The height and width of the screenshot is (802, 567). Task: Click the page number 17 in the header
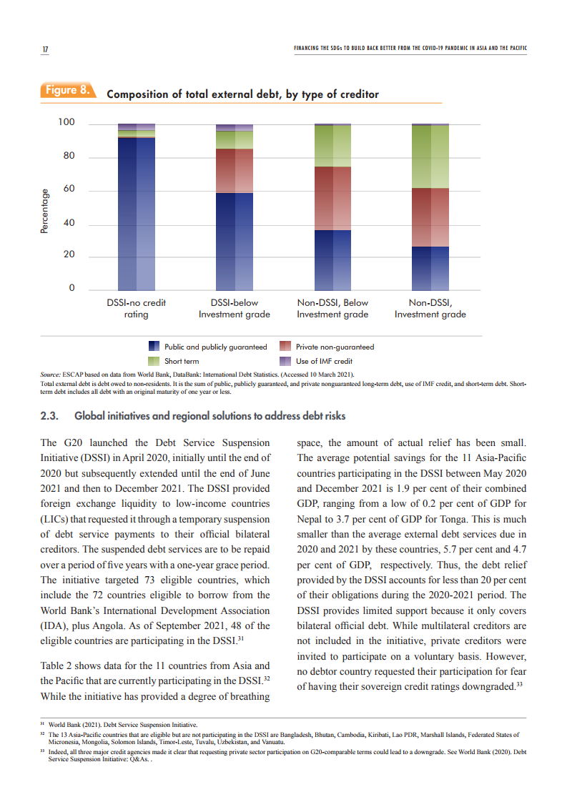tap(44, 49)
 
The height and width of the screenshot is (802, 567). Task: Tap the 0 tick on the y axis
tap(71, 288)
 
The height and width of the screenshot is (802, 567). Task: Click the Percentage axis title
tap(45, 211)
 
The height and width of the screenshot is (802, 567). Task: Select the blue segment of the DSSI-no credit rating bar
tap(136, 214)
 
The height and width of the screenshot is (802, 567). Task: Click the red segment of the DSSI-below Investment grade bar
tap(234, 171)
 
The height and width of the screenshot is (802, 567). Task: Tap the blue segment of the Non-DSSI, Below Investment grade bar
tap(332, 259)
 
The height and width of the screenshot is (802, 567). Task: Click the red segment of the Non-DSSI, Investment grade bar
tap(430, 217)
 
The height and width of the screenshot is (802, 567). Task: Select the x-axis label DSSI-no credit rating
tap(136, 308)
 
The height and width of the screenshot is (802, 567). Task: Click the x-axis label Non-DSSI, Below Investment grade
tap(332, 308)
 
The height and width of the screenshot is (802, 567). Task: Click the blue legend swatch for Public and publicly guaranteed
tap(154, 347)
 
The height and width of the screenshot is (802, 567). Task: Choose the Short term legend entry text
tap(182, 361)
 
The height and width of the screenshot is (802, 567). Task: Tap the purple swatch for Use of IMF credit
tap(285, 361)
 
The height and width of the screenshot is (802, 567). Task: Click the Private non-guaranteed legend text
tap(335, 347)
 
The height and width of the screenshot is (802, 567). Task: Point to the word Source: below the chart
tap(50, 374)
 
